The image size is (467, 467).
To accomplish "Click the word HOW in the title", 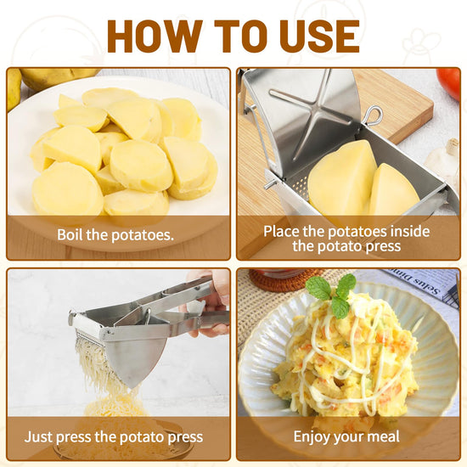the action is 155,37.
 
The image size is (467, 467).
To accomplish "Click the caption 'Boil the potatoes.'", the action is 115,234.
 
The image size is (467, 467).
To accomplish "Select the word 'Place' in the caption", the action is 281,232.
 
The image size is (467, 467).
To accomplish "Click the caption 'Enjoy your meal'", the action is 346,436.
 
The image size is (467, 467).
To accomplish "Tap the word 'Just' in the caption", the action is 39,437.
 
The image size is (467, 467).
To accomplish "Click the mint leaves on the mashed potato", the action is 332,295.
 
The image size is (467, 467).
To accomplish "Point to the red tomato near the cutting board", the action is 449,83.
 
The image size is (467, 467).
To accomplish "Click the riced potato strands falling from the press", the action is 101,372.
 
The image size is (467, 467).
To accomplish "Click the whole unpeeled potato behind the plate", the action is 59,77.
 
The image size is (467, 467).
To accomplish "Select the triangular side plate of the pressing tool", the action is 136,360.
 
